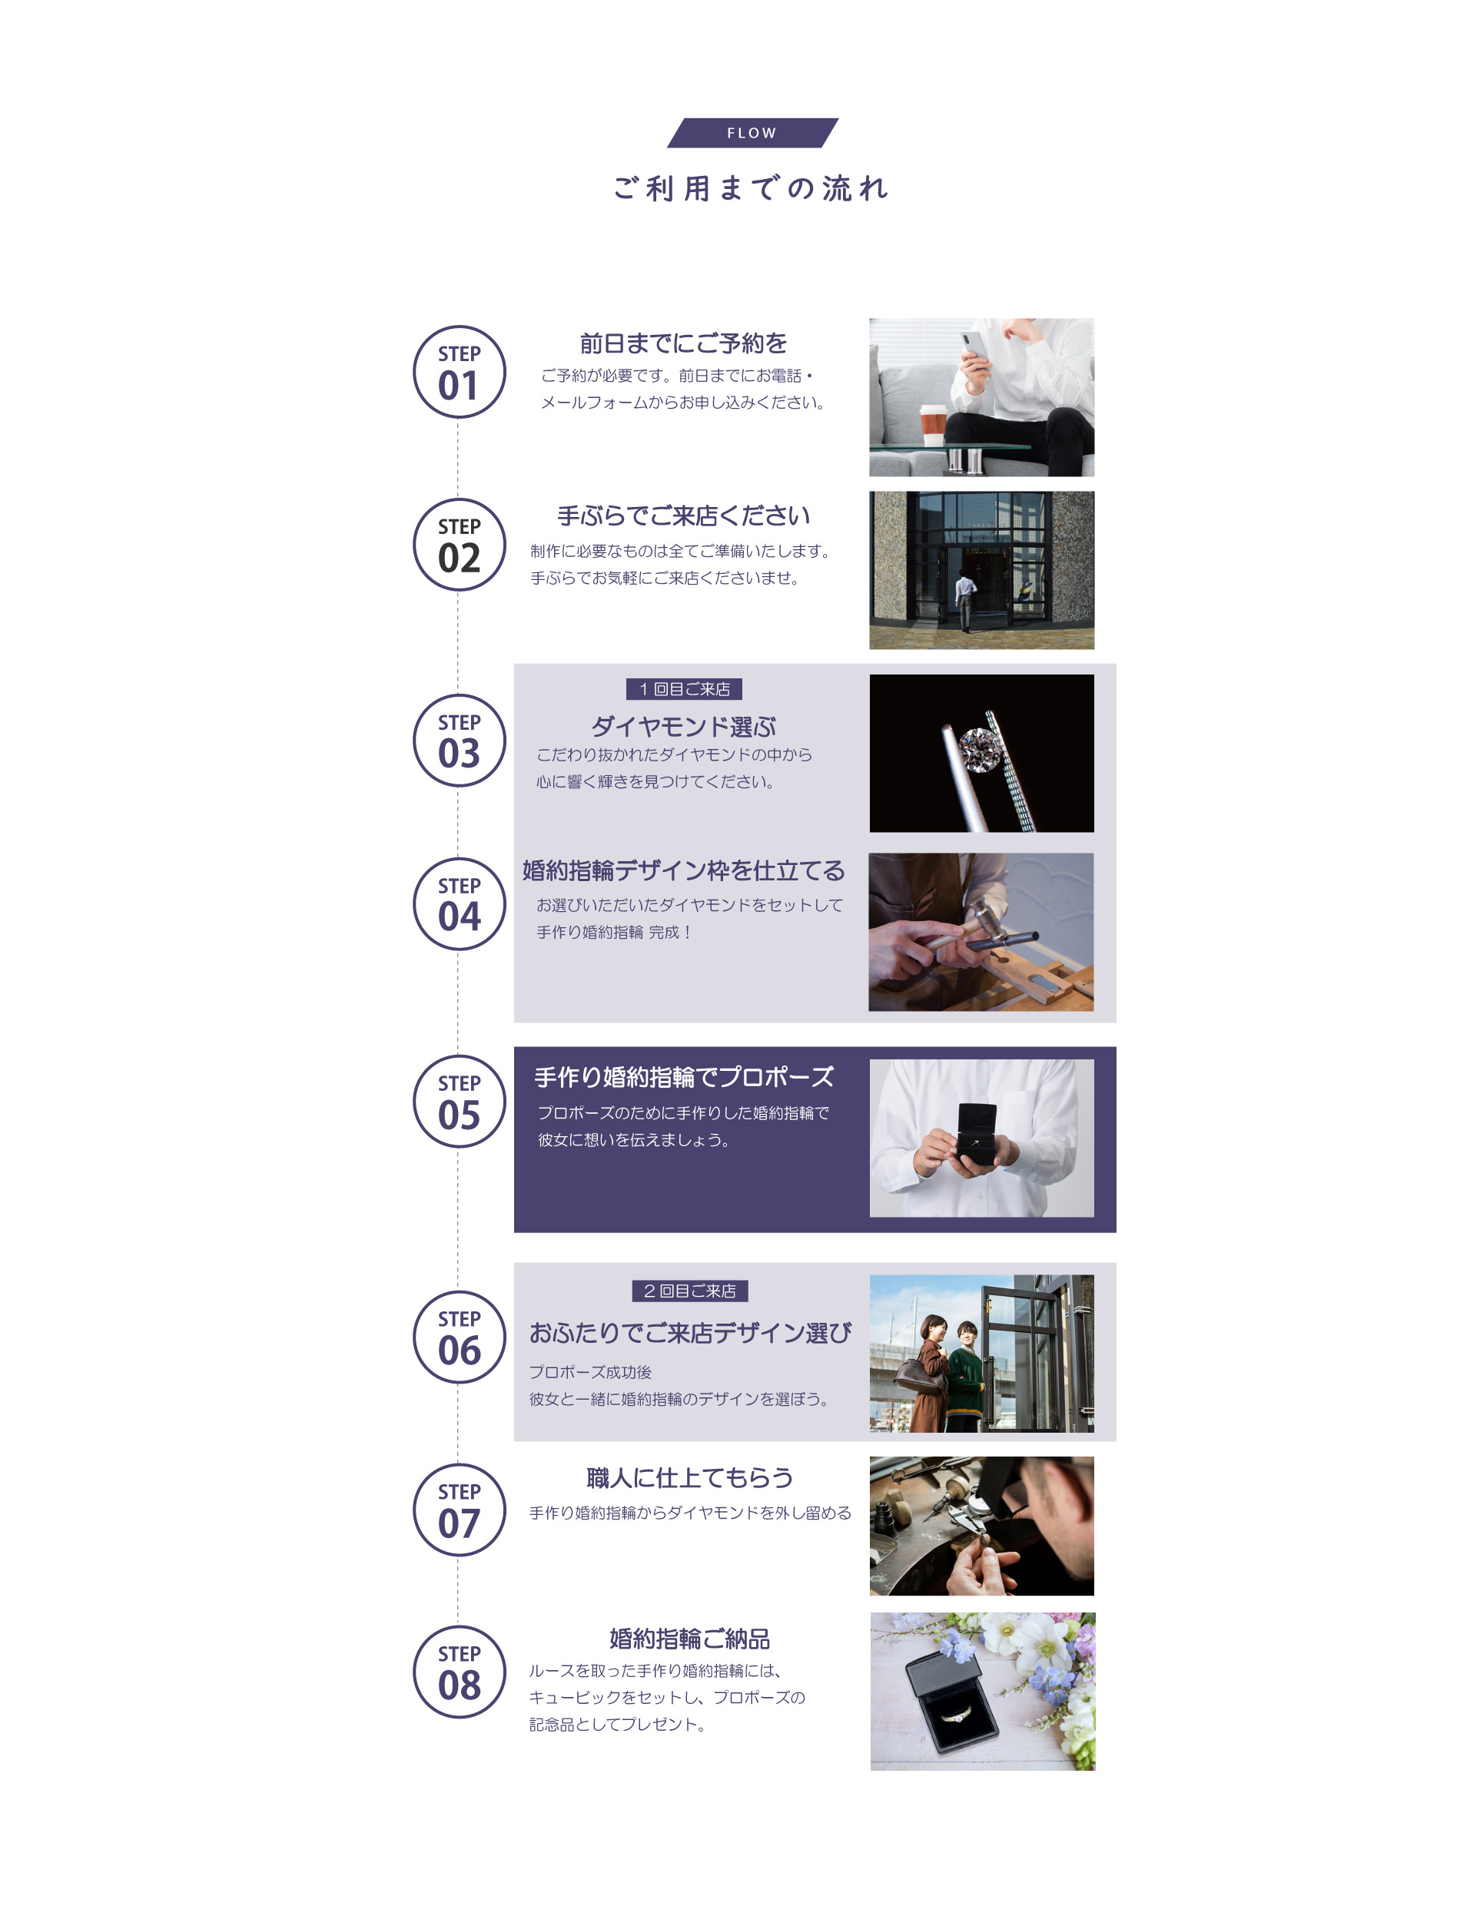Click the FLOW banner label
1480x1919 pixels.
(752, 133)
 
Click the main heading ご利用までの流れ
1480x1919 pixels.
(752, 188)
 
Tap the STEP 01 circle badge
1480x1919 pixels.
(459, 372)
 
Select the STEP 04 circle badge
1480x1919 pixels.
(459, 903)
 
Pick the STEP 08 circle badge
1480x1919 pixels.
(459, 1672)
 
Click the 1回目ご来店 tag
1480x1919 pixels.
(684, 689)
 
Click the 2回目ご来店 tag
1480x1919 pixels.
(690, 1291)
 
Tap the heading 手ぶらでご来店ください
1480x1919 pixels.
(683, 515)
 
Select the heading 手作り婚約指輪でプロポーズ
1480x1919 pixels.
(683, 1076)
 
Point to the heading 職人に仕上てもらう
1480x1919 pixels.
(689, 1478)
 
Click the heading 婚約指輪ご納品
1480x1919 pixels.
(689, 1638)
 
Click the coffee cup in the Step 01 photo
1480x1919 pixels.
(932, 426)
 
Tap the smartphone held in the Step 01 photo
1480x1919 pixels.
(973, 348)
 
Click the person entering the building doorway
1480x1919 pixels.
(966, 601)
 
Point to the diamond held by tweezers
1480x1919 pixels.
(977, 751)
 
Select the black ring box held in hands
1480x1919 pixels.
(976, 1136)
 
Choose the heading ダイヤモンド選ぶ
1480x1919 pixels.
(683, 727)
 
